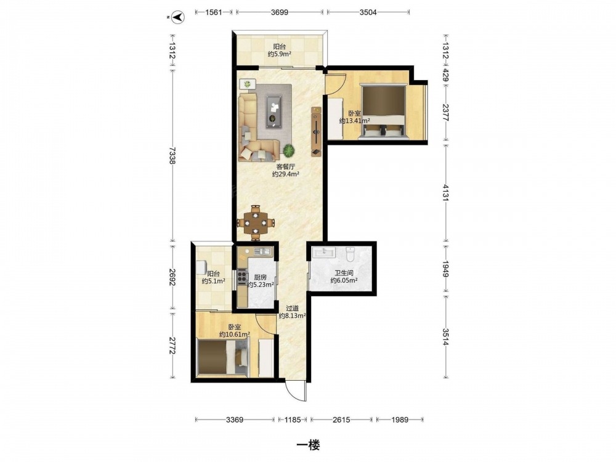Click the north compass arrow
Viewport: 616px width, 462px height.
coord(179,17)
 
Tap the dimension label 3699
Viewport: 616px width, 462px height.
coord(279,12)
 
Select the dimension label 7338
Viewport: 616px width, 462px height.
coord(172,156)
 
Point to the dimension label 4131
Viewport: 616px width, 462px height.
coord(445,192)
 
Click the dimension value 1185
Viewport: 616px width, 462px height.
coord(292,419)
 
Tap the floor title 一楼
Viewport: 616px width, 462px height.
coord(308,445)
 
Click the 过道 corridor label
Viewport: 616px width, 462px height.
coord(292,309)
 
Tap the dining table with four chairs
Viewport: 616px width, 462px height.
coord(256,223)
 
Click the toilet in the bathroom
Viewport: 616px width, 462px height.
coord(351,254)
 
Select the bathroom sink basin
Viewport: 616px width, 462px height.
coord(324,252)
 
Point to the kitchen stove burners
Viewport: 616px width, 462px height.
coord(241,277)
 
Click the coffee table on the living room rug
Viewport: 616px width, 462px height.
coord(274,111)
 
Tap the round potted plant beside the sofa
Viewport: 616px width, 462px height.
coord(289,150)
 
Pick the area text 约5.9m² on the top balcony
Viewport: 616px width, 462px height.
coord(279,54)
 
